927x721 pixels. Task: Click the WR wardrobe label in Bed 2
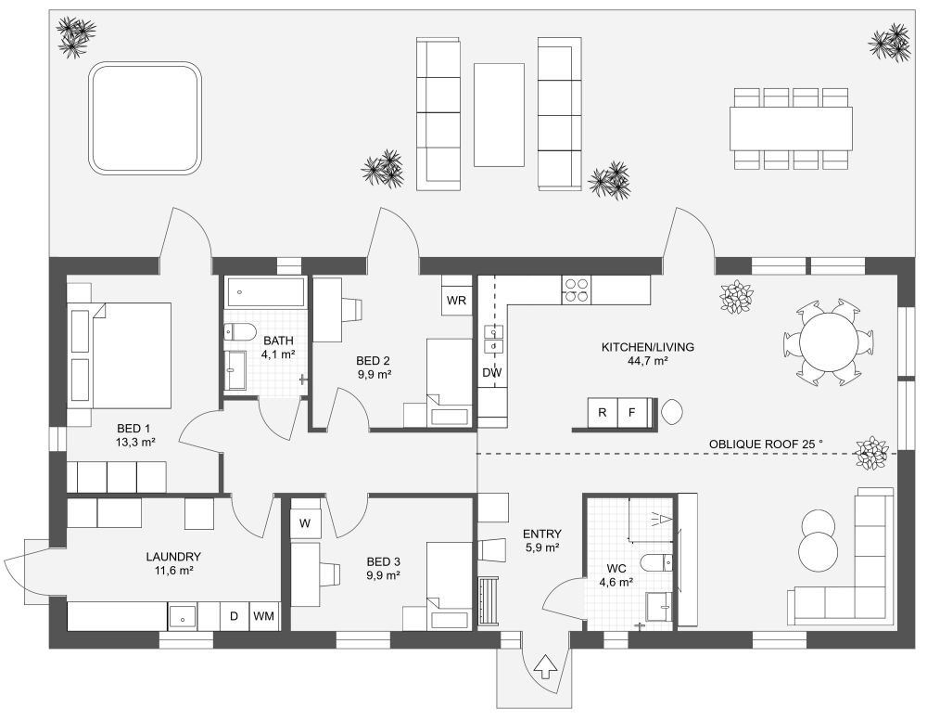(456, 301)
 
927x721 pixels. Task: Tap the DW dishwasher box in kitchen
(491, 373)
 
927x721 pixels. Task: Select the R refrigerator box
(603, 412)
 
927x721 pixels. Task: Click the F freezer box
(633, 412)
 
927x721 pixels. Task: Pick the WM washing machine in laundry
(263, 616)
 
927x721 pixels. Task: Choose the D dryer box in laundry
(234, 616)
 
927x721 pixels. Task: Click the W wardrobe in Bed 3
(305, 523)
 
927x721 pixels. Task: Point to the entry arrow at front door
(544, 665)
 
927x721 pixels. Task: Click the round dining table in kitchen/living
(828, 342)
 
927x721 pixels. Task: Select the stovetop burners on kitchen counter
(576, 290)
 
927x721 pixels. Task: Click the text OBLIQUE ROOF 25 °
(766, 444)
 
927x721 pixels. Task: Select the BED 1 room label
(134, 429)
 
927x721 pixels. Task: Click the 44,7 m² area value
(648, 361)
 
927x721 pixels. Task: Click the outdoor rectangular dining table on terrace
(791, 128)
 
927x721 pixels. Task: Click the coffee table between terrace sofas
(499, 114)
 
